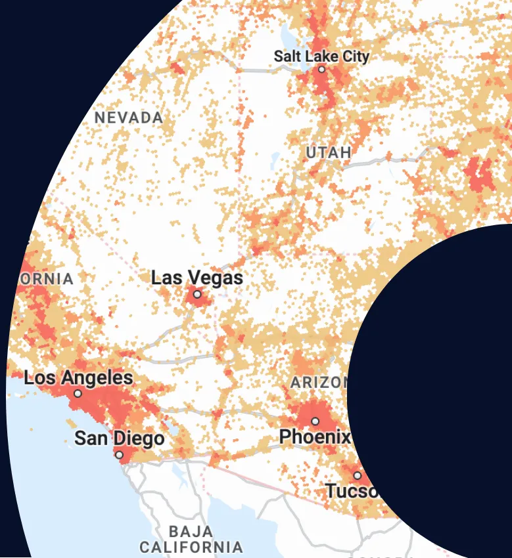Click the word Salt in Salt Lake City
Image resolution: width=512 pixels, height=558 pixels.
click(287, 56)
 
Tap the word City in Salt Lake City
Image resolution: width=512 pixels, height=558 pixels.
click(356, 56)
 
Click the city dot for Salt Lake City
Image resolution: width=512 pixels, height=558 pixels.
click(321, 69)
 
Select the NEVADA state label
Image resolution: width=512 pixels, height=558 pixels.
click(129, 118)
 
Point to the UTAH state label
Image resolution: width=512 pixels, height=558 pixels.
click(329, 153)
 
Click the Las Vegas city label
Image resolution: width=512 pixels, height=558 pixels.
click(197, 278)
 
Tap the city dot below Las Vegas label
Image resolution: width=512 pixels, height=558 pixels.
click(197, 294)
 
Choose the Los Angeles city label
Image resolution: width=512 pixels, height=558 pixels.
click(78, 378)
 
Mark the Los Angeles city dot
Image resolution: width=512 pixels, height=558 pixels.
click(78, 394)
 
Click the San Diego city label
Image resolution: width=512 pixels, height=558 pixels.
click(119, 438)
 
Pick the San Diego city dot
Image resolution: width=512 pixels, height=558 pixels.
click(119, 454)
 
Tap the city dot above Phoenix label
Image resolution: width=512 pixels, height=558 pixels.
click(315, 421)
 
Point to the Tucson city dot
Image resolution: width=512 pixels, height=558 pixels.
click(358, 475)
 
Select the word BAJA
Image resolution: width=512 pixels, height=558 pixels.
click(191, 531)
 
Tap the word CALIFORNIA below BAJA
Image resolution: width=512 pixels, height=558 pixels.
click(191, 546)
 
